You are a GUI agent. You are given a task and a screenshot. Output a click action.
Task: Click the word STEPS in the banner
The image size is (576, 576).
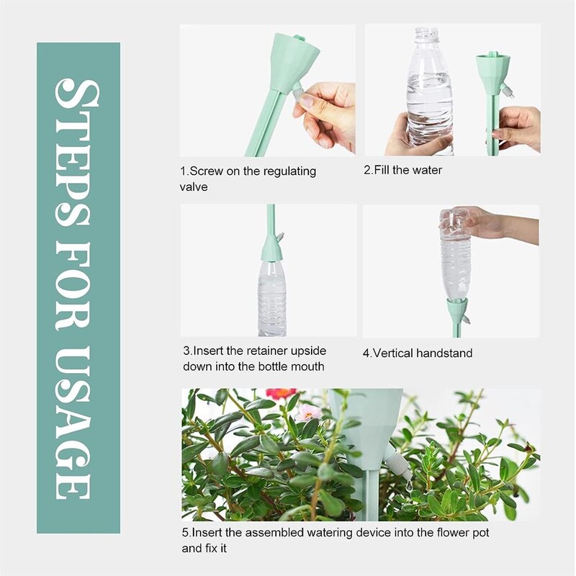(77, 153)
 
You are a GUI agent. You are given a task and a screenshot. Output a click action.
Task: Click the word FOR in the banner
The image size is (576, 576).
(73, 287)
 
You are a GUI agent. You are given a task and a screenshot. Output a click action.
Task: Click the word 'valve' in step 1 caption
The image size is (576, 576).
(194, 187)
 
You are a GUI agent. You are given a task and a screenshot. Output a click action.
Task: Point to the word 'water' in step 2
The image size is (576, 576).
(427, 170)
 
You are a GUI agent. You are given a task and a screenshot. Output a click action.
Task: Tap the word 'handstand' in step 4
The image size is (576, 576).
(444, 354)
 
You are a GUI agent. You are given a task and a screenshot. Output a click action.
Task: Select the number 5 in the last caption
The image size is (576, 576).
(185, 533)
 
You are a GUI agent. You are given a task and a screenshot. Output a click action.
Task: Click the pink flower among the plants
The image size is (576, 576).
(308, 413)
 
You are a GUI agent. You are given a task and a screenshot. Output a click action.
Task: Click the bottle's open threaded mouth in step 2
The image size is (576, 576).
(428, 32)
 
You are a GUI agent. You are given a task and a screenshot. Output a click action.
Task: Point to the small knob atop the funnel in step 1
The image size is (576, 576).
(300, 37)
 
